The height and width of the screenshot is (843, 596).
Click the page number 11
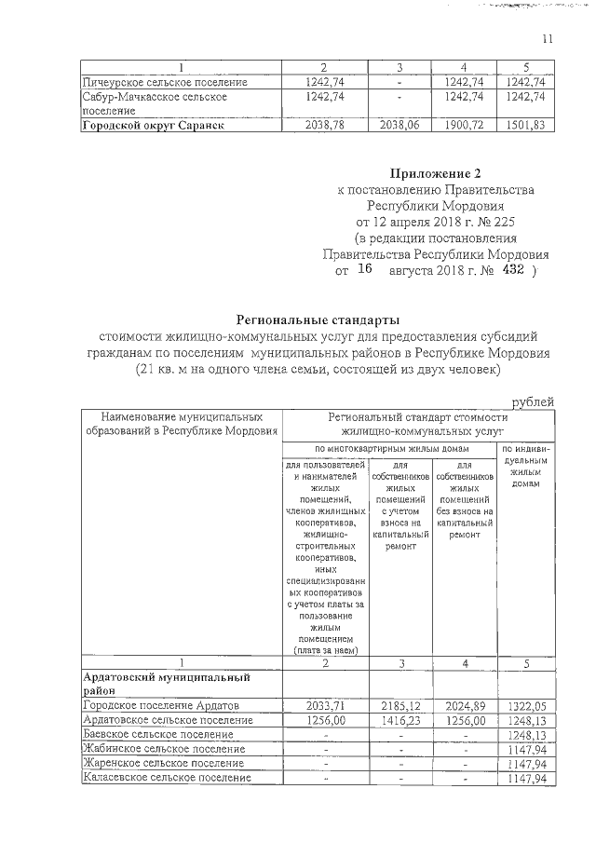point(547,38)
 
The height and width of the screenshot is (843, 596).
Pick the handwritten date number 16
point(364,269)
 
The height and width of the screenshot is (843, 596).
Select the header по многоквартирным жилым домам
point(390,449)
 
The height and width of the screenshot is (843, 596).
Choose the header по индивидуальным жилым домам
point(526,466)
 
